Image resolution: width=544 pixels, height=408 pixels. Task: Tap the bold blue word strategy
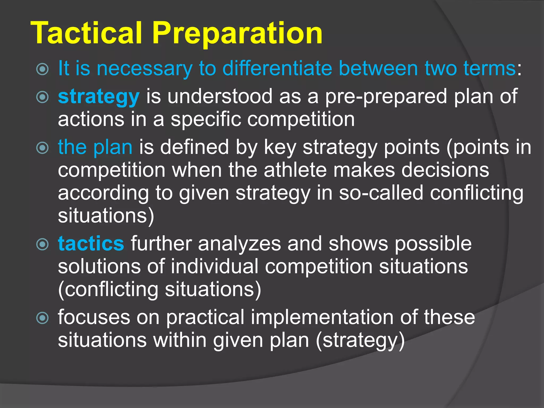tap(99, 97)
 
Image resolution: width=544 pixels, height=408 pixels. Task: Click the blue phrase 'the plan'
tap(95, 147)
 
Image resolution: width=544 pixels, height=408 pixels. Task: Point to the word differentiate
tap(277, 69)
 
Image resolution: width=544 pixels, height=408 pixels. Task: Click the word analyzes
tap(239, 244)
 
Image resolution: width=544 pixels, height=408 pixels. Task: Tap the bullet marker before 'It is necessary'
tap(42, 69)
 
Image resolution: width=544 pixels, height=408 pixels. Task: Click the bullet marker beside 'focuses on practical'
tap(42, 318)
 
